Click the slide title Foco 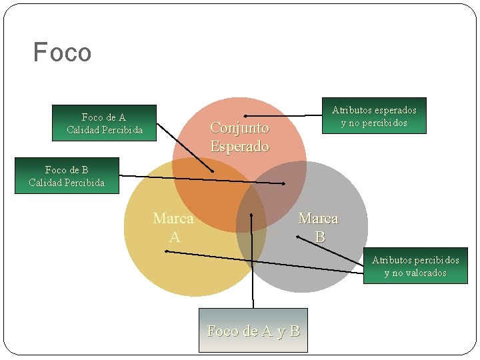[x=62, y=52]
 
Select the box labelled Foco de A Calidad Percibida [x=105, y=123]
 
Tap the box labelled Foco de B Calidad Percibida [x=67, y=176]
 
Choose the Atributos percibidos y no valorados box [x=415, y=266]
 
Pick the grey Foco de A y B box [x=253, y=330]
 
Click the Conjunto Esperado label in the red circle [x=239, y=137]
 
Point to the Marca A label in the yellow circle [x=173, y=227]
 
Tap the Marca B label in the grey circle [x=319, y=227]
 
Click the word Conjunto [x=239, y=127]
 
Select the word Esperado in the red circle [x=239, y=146]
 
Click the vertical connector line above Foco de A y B [x=252, y=267]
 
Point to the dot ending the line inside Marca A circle [x=166, y=251]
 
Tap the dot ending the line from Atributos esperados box [x=245, y=116]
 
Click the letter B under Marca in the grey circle [x=320, y=237]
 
